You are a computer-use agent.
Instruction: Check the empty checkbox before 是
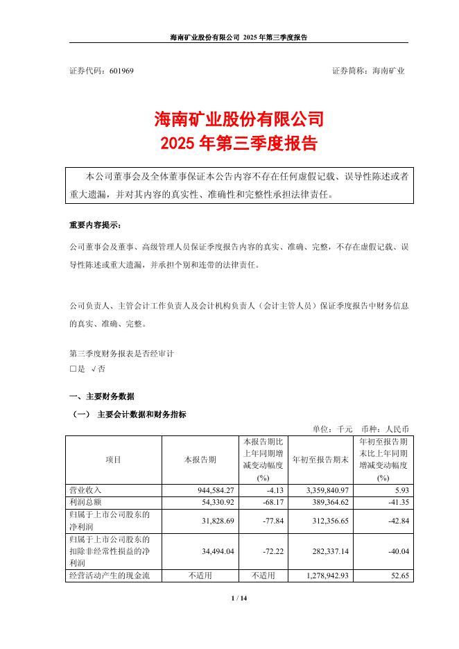[73, 369]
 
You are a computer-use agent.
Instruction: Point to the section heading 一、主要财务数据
[102, 397]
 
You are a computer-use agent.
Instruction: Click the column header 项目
[113, 460]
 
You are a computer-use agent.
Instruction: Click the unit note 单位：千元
[334, 429]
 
